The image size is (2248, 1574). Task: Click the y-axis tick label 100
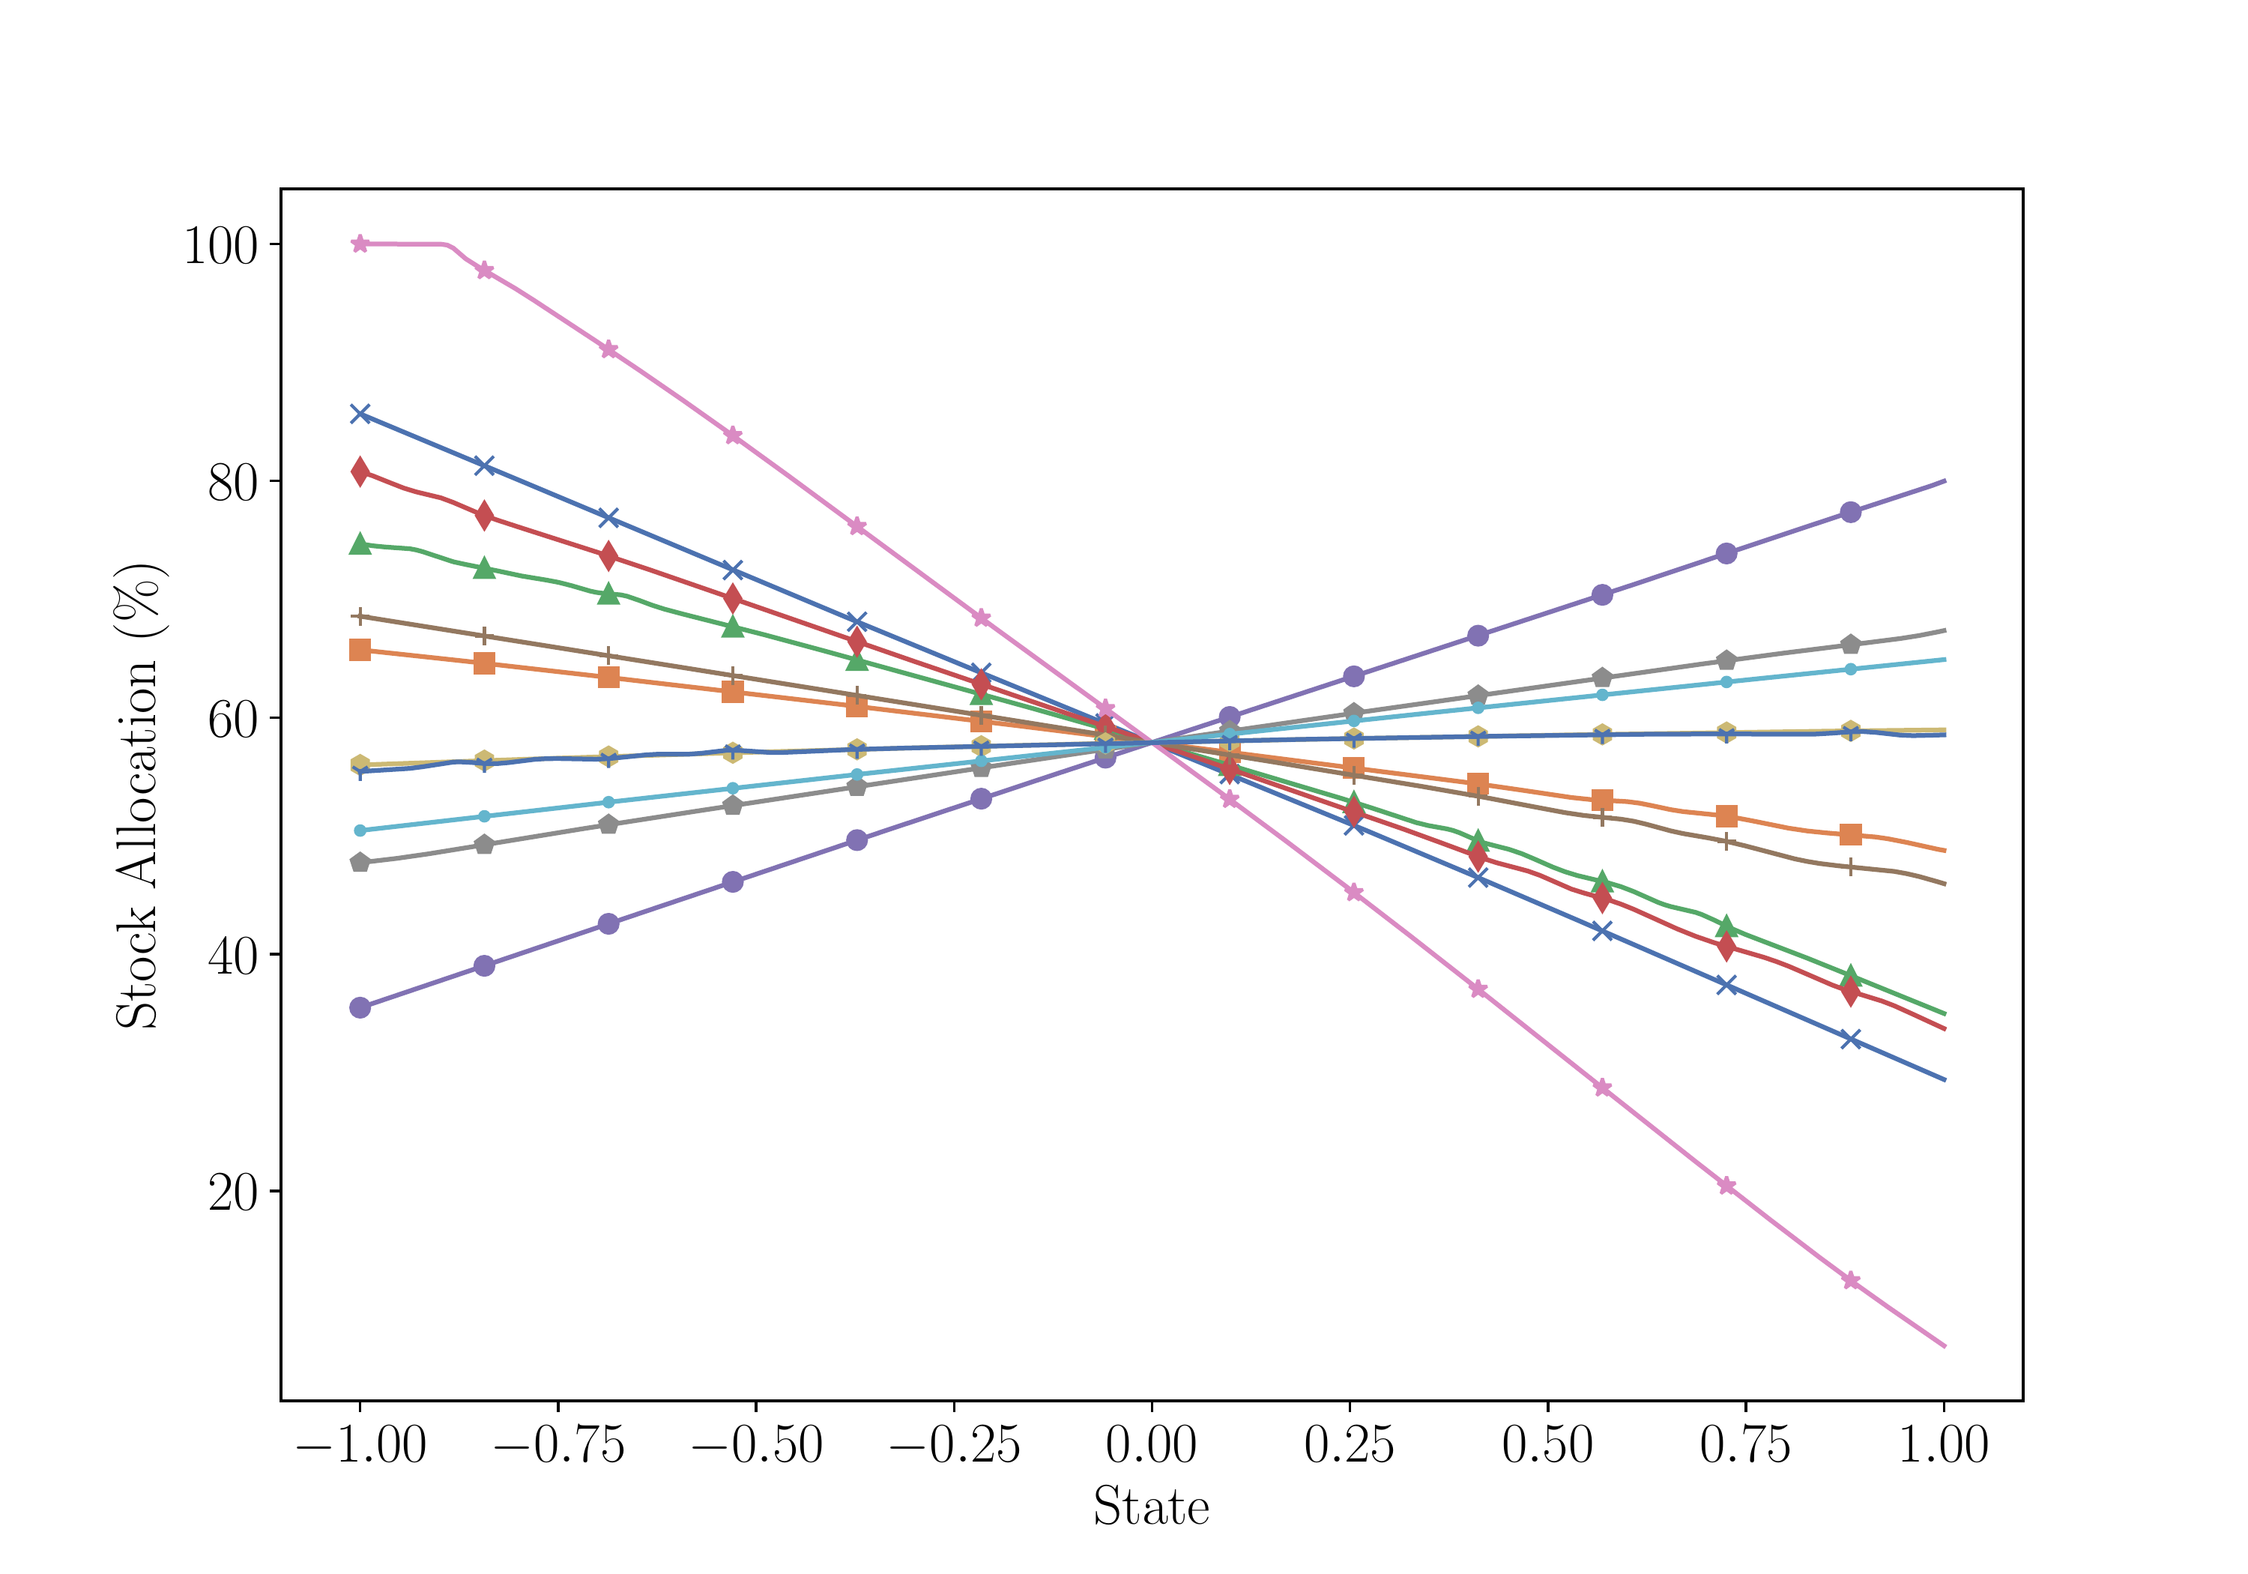[220, 245]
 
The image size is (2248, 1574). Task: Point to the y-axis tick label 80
[232, 481]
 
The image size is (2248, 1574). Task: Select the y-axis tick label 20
[232, 1191]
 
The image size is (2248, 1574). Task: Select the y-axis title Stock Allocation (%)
[138, 795]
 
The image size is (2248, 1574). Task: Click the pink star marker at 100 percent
[360, 244]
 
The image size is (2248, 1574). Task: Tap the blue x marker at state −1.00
[360, 414]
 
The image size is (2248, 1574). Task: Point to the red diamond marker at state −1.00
[360, 472]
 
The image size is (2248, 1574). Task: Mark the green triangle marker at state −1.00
[360, 545]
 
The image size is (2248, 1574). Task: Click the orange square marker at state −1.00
[360, 651]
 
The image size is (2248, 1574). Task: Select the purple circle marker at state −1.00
[360, 1008]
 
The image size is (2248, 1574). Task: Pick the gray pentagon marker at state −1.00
[360, 863]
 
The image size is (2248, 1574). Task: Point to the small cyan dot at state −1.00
[360, 830]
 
